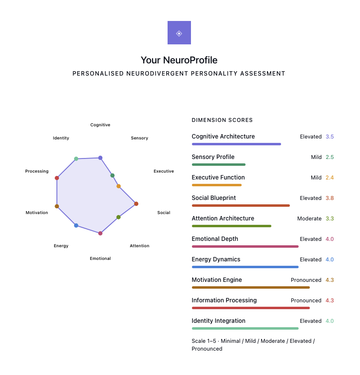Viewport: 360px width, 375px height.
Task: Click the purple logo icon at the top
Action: [179, 33]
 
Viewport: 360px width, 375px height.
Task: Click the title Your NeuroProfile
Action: [179, 60]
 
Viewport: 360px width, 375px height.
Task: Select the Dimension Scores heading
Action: [222, 120]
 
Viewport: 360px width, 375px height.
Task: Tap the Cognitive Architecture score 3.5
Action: [330, 137]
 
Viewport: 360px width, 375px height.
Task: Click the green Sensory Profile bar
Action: [219, 164]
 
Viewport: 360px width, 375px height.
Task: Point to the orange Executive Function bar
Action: [217, 185]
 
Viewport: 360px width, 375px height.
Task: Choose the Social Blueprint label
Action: [214, 198]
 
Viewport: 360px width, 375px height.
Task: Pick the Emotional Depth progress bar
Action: [245, 246]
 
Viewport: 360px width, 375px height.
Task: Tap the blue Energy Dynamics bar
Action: [245, 267]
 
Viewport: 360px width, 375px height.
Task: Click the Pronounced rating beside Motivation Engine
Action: [306, 280]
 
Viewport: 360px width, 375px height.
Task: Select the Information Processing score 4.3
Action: [330, 300]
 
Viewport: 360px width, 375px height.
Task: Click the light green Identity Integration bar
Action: [245, 328]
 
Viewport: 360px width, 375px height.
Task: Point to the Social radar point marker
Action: [136, 204]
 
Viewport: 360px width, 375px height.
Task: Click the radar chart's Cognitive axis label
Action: [100, 125]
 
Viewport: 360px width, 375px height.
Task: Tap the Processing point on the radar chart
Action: [57, 178]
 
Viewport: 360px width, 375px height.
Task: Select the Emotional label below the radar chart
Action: [100, 258]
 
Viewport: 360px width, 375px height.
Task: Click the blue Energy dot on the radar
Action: [76, 225]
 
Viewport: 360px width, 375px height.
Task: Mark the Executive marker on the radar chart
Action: [118, 186]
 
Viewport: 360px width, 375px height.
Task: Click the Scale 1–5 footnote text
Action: [253, 345]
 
